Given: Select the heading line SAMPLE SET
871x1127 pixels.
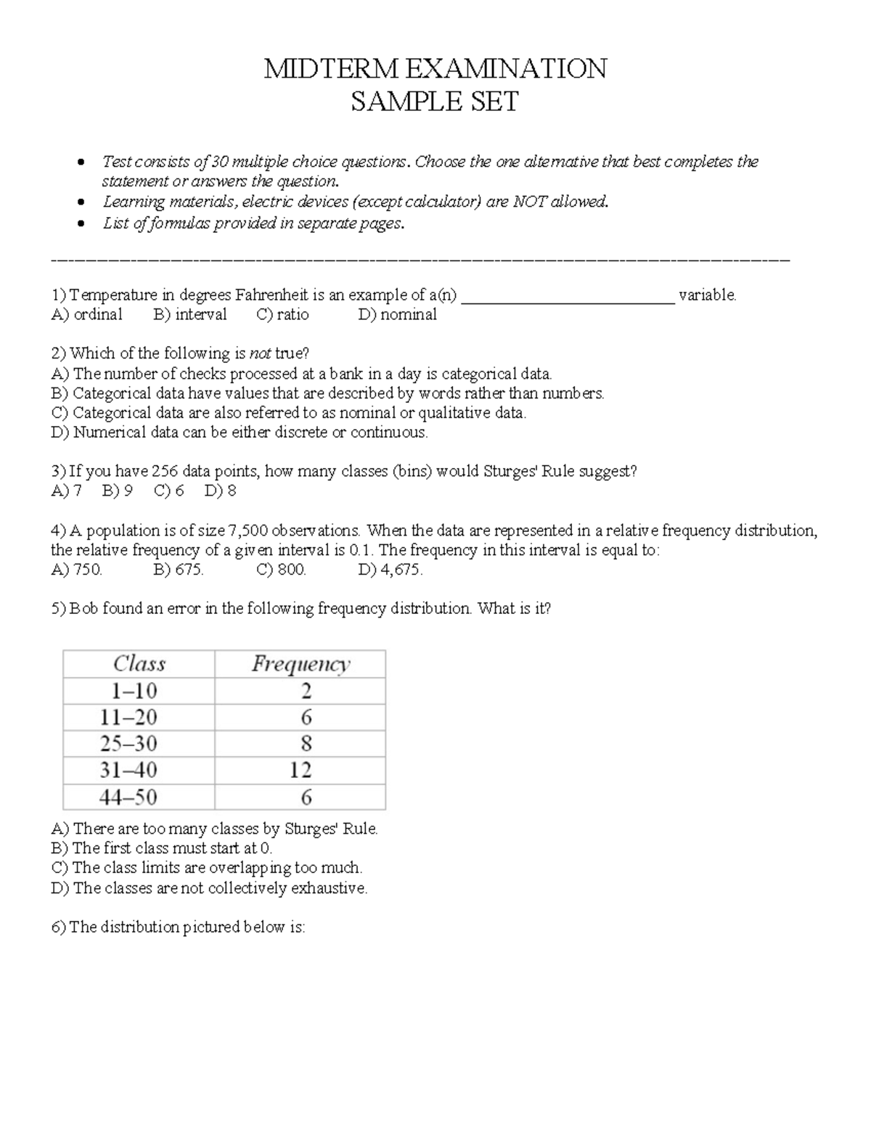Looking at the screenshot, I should pyautogui.click(x=435, y=102).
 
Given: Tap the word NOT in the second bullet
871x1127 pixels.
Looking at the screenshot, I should pyautogui.click(x=529, y=202).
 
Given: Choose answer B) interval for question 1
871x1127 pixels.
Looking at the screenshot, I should pyautogui.click(x=190, y=314).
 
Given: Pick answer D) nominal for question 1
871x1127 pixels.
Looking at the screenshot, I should pyautogui.click(x=397, y=314).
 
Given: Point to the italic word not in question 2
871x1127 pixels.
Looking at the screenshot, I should pyautogui.click(x=260, y=353).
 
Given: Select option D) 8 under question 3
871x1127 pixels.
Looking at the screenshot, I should pyautogui.click(x=221, y=491).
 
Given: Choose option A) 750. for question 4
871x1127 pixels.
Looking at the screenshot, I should pyautogui.click(x=77, y=570).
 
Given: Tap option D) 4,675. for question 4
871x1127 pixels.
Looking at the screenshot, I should pyautogui.click(x=390, y=570).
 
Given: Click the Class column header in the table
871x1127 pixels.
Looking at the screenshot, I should pyautogui.click(x=139, y=663).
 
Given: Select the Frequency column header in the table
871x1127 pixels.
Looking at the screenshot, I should pyautogui.click(x=300, y=663).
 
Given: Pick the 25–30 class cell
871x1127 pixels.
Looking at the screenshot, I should pyautogui.click(x=128, y=744).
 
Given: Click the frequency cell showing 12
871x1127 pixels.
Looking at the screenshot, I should pyautogui.click(x=300, y=770).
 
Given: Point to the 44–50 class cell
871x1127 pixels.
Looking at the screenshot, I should pyautogui.click(x=128, y=798).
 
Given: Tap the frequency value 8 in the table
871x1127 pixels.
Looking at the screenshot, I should pyautogui.click(x=306, y=744).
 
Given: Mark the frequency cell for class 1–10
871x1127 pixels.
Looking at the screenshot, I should pyautogui.click(x=306, y=690).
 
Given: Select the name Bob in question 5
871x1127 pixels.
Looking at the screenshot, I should pyautogui.click(x=83, y=608).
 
